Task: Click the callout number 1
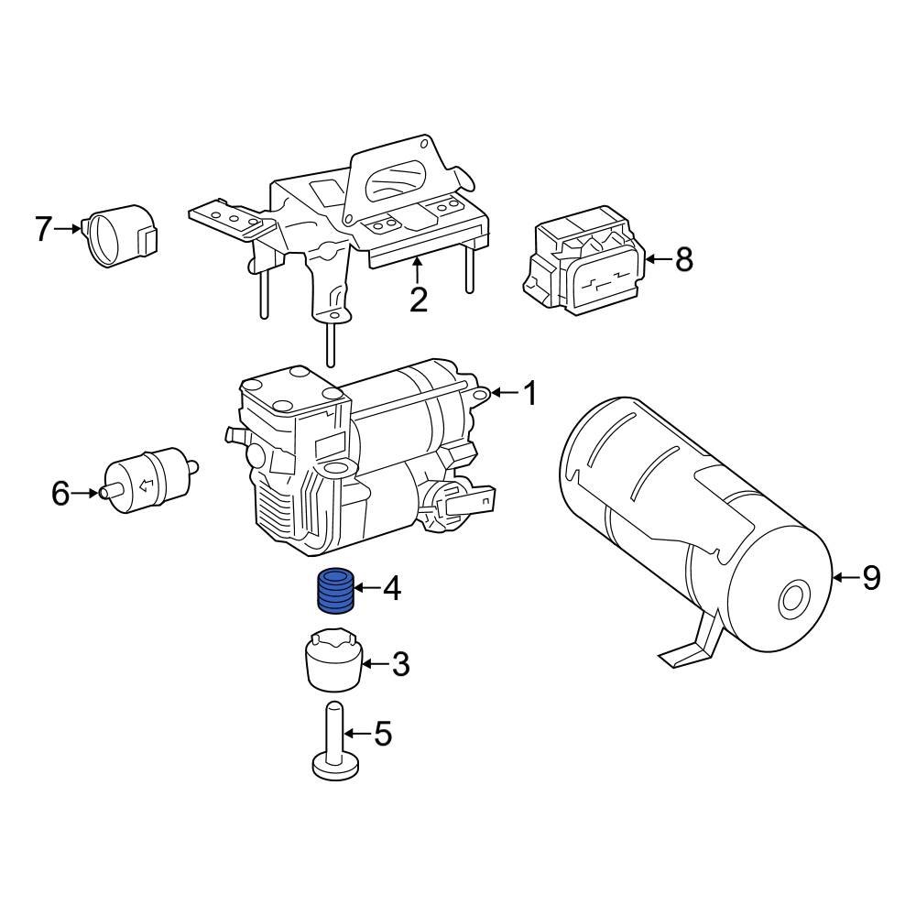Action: (x=529, y=393)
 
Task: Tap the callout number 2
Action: (x=419, y=300)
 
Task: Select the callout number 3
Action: (x=400, y=664)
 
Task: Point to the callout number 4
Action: (x=392, y=588)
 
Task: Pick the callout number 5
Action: (x=383, y=733)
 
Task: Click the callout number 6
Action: (x=60, y=494)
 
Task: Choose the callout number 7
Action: (x=43, y=228)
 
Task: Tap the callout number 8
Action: (x=684, y=259)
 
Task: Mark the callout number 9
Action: (x=871, y=578)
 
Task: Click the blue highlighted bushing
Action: (x=335, y=591)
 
